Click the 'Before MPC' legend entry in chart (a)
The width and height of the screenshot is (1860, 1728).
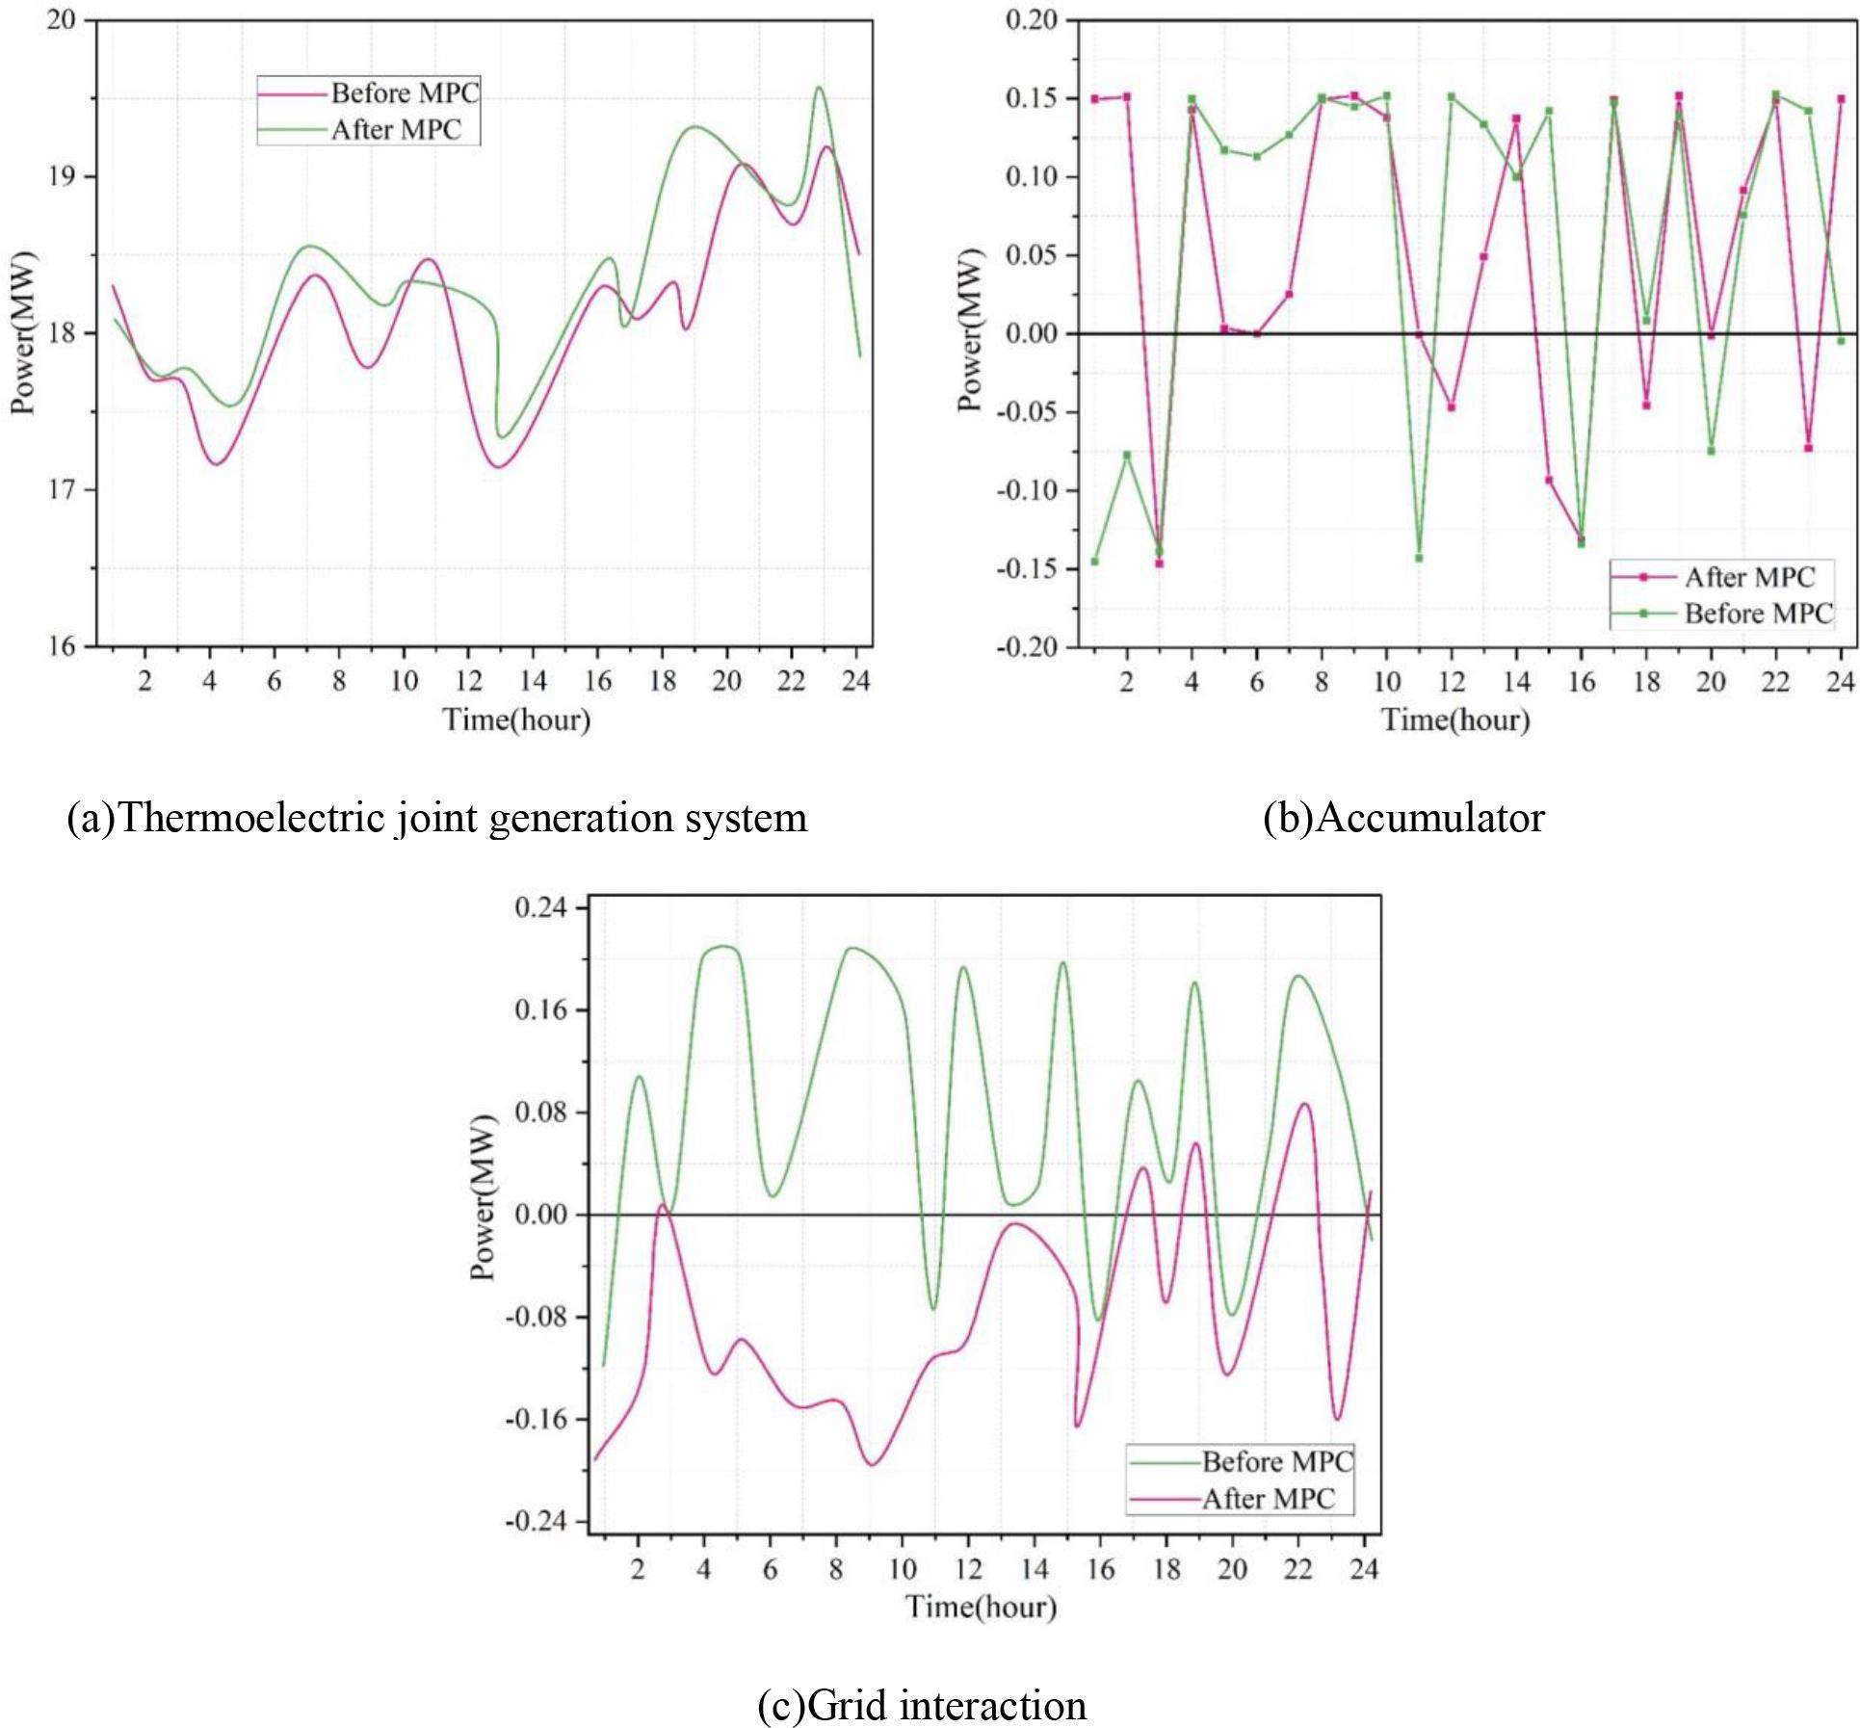pos(405,93)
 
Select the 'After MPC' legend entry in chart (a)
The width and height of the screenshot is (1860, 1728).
pos(396,130)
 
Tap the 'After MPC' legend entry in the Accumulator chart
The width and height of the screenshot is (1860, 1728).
pos(1748,577)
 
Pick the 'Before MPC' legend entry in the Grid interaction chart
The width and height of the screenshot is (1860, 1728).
pos(1276,1462)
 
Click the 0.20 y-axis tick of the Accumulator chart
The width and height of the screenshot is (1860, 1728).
pos(1031,20)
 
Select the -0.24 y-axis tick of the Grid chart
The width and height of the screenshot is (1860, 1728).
pos(535,1521)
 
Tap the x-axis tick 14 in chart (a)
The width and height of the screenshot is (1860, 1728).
pos(533,681)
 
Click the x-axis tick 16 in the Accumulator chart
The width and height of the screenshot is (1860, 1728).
pos(1582,681)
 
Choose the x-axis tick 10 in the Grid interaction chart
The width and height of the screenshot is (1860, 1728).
pos(903,1569)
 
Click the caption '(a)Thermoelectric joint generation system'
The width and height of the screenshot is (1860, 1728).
pos(436,818)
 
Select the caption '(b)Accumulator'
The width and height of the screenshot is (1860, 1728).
pos(1403,818)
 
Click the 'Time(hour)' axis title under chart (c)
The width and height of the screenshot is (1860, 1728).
pos(981,1607)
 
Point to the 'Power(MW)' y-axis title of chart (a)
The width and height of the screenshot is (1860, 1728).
pos(22,332)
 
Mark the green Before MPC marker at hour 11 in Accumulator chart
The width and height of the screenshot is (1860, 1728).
pos(1419,558)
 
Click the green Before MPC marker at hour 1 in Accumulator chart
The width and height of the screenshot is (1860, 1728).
pos(1094,561)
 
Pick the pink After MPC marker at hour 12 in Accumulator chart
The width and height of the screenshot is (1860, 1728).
pos(1451,407)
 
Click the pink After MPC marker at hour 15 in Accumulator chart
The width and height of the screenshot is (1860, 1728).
pos(1549,480)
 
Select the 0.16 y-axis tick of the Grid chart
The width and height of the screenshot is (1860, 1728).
pos(540,1009)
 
